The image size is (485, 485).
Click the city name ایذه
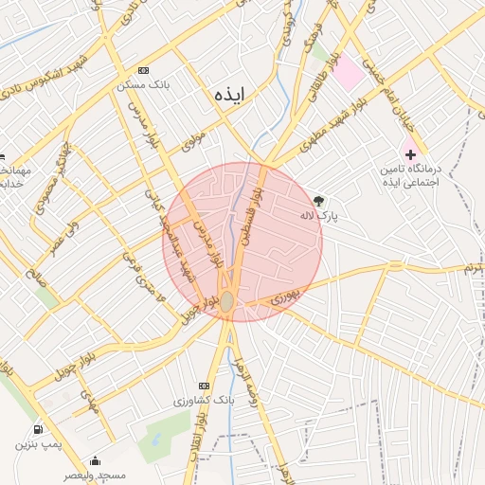[229, 95]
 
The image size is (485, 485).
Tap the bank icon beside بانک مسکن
[143, 71]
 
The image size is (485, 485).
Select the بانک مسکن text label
[143, 84]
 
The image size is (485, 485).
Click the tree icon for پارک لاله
[318, 201]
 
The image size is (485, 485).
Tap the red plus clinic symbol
[409, 153]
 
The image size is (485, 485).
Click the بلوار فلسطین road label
[249, 213]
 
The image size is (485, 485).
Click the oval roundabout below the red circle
[228, 300]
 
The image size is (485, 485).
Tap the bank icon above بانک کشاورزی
[204, 386]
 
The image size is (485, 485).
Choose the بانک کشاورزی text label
[204, 401]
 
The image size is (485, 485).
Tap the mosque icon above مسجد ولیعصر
[94, 460]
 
